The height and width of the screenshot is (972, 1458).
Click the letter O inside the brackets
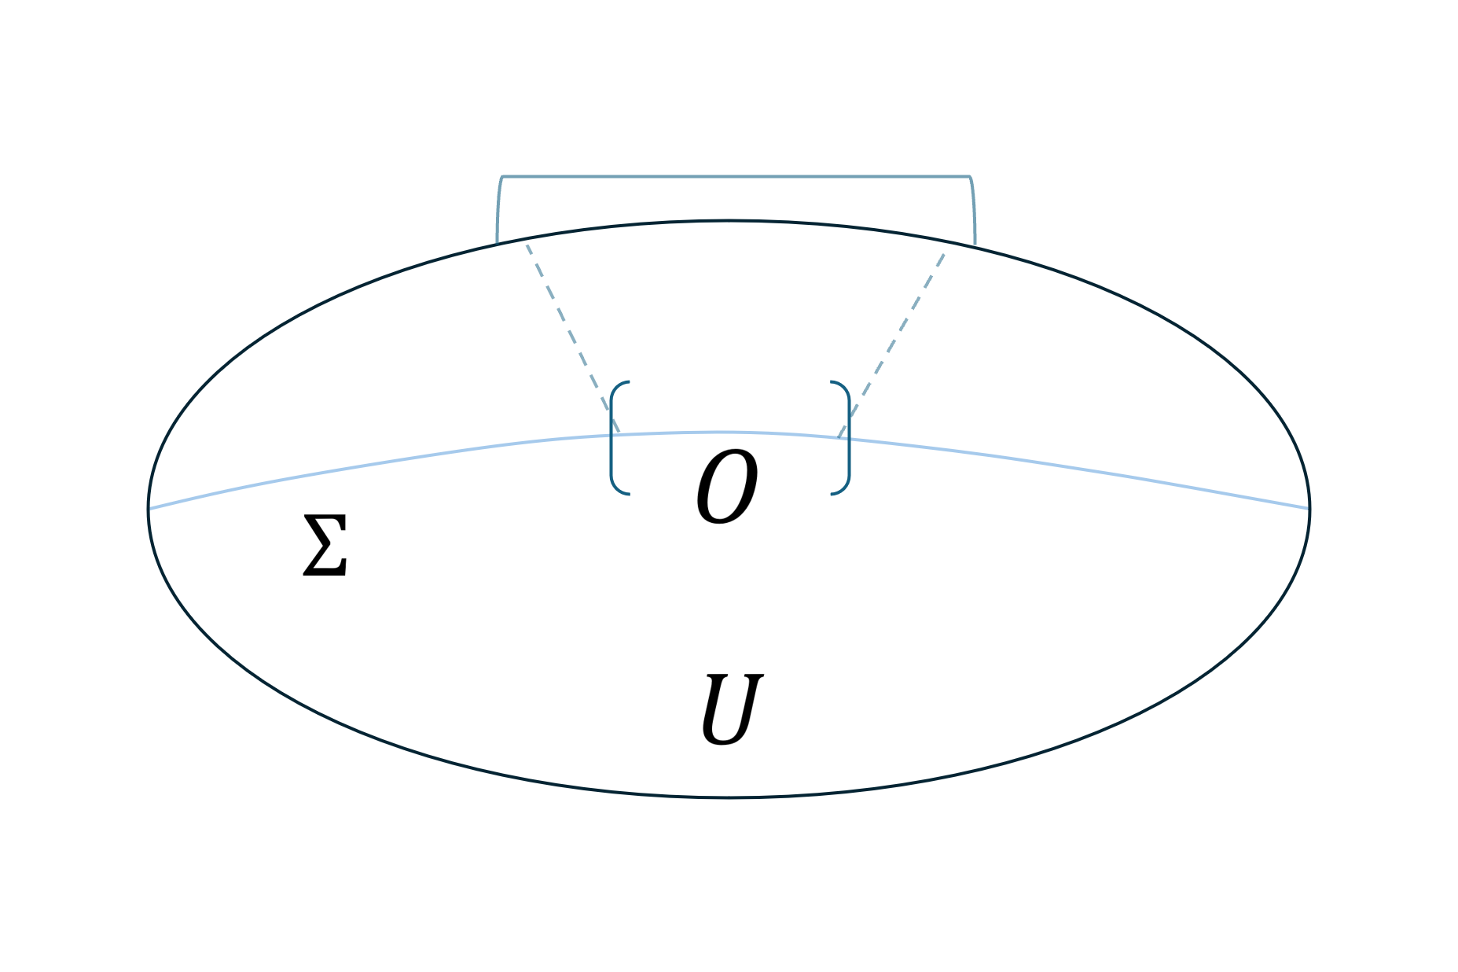pyautogui.click(x=727, y=487)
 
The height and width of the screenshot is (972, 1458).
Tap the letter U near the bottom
pyautogui.click(x=731, y=709)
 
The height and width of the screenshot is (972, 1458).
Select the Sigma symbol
pyautogui.click(x=325, y=546)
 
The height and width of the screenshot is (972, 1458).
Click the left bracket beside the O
pyautogui.click(x=613, y=438)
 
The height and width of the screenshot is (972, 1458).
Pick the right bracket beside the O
pyautogui.click(x=847, y=438)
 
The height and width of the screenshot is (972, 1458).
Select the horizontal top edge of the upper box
pyautogui.click(x=736, y=177)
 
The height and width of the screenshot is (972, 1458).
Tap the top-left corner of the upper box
pyautogui.click(x=502, y=178)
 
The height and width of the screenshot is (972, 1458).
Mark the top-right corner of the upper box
pyautogui.click(x=970, y=178)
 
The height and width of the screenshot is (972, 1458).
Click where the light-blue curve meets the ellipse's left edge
pyautogui.click(x=149, y=509)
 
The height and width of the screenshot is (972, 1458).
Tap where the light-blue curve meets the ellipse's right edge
pyautogui.click(x=1309, y=509)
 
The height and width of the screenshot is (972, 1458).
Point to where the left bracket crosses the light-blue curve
pyautogui.click(x=611, y=436)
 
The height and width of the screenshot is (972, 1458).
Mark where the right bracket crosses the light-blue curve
pyautogui.click(x=849, y=438)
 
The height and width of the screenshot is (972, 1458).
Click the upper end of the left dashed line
pyautogui.click(x=527, y=245)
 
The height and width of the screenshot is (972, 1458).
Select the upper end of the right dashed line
pyautogui.click(x=944, y=254)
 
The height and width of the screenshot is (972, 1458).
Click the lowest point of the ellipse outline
pyautogui.click(x=729, y=797)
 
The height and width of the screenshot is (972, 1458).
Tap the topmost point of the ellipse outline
pyautogui.click(x=729, y=221)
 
